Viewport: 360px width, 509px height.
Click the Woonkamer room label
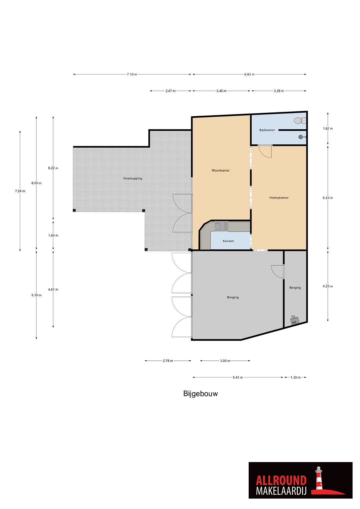tap(220, 170)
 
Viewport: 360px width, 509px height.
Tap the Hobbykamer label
tap(279, 198)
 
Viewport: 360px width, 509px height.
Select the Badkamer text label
tap(267, 130)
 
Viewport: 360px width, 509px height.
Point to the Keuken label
tap(228, 241)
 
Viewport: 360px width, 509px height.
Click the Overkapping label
tap(133, 178)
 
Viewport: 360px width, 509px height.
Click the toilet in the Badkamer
tap(300, 120)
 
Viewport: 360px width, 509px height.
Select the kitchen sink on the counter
tap(218, 226)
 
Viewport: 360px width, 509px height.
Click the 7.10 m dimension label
tap(132, 74)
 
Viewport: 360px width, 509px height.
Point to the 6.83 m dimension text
tap(249, 74)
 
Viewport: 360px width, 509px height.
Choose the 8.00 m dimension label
tap(36, 183)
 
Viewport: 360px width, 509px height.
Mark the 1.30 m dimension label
tap(295, 377)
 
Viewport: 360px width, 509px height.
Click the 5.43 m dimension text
tap(238, 377)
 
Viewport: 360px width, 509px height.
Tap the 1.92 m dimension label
tap(327, 128)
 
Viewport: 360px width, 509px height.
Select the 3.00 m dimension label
tap(225, 361)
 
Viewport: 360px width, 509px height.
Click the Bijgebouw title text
tap(200, 394)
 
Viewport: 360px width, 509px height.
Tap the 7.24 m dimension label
tap(20, 191)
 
